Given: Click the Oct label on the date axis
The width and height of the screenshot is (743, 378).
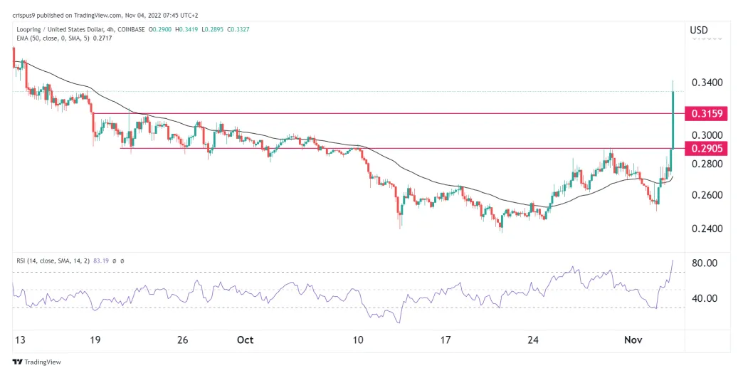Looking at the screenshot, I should pos(245,340).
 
